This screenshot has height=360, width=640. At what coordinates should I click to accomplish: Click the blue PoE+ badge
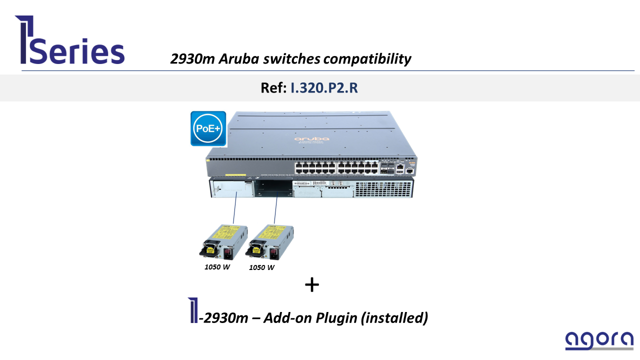click(208, 128)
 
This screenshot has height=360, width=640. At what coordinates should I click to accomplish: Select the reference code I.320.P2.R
click(324, 87)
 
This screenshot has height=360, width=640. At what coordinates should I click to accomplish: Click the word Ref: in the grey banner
click(273, 87)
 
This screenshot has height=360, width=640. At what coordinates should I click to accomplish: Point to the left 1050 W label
click(217, 267)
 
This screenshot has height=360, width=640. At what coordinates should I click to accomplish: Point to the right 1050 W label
click(261, 267)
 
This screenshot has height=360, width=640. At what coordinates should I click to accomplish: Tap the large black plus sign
click(312, 285)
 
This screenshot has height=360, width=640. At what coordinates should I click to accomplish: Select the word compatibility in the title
click(367, 59)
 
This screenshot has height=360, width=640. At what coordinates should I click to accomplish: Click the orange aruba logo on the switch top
click(311, 138)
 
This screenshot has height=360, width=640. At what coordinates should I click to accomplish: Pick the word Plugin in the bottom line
click(337, 317)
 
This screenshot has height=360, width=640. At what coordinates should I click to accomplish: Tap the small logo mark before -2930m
click(192, 310)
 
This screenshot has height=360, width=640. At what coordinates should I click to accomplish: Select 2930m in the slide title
click(192, 59)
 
